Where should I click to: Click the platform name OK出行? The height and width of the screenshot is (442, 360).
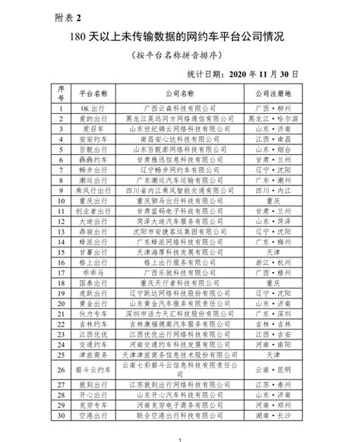(99, 109)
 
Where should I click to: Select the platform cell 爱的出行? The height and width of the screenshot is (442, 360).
(99, 119)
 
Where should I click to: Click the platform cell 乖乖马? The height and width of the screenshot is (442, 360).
(99, 270)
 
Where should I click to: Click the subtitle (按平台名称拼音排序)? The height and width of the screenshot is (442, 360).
(180, 55)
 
